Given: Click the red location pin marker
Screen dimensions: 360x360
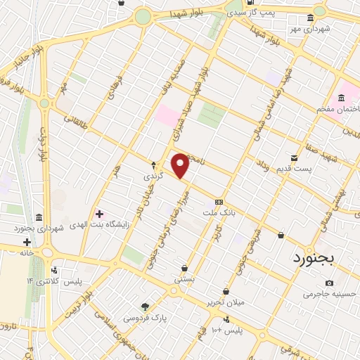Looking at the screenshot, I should tap(181, 166).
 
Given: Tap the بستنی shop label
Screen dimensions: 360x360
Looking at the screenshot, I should tap(185, 279).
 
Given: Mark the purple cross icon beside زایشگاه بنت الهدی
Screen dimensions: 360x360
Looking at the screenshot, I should tap(98, 213).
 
